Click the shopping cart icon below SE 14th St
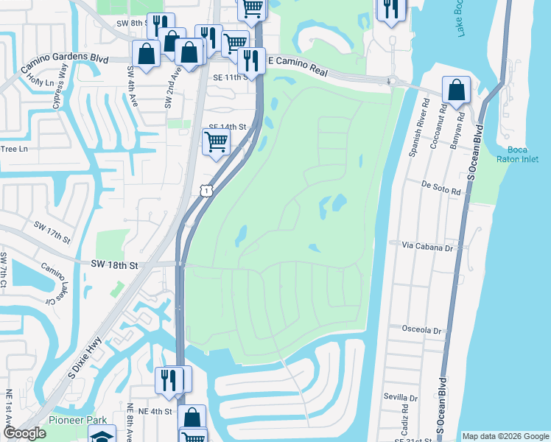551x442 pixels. (x=215, y=141)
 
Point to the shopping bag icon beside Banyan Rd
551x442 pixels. (x=457, y=90)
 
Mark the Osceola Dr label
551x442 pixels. (x=421, y=329)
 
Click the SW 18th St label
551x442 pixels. (x=115, y=264)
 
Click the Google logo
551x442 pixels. (x=24, y=433)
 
